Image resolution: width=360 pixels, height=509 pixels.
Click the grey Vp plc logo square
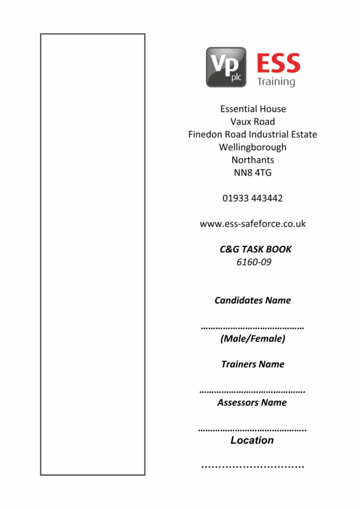point(226,67)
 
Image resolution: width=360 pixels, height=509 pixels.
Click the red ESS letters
point(278,64)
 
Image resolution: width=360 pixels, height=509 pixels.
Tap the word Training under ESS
point(276,81)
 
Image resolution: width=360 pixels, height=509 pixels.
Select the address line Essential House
point(253,109)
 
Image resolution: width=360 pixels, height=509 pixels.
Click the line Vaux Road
point(253,122)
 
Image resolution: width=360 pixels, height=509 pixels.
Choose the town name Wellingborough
point(253,147)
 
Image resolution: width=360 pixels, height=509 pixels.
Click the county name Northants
point(253,160)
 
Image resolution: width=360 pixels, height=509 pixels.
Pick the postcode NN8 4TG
point(253,173)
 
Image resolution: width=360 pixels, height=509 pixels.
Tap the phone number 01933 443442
point(253,198)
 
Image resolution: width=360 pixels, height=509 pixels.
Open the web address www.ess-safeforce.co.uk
point(253,224)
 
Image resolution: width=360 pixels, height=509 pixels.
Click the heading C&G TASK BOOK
point(256,249)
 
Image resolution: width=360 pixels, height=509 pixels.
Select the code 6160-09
point(254,262)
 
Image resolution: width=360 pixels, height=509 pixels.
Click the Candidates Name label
point(253,300)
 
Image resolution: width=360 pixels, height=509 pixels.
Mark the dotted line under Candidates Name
point(252,328)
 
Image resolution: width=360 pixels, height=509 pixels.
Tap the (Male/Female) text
point(253,339)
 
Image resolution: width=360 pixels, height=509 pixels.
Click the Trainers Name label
point(253,364)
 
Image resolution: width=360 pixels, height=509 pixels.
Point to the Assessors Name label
point(252,402)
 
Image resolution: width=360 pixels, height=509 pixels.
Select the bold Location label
point(252,440)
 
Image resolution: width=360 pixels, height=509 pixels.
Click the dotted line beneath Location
point(253,466)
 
